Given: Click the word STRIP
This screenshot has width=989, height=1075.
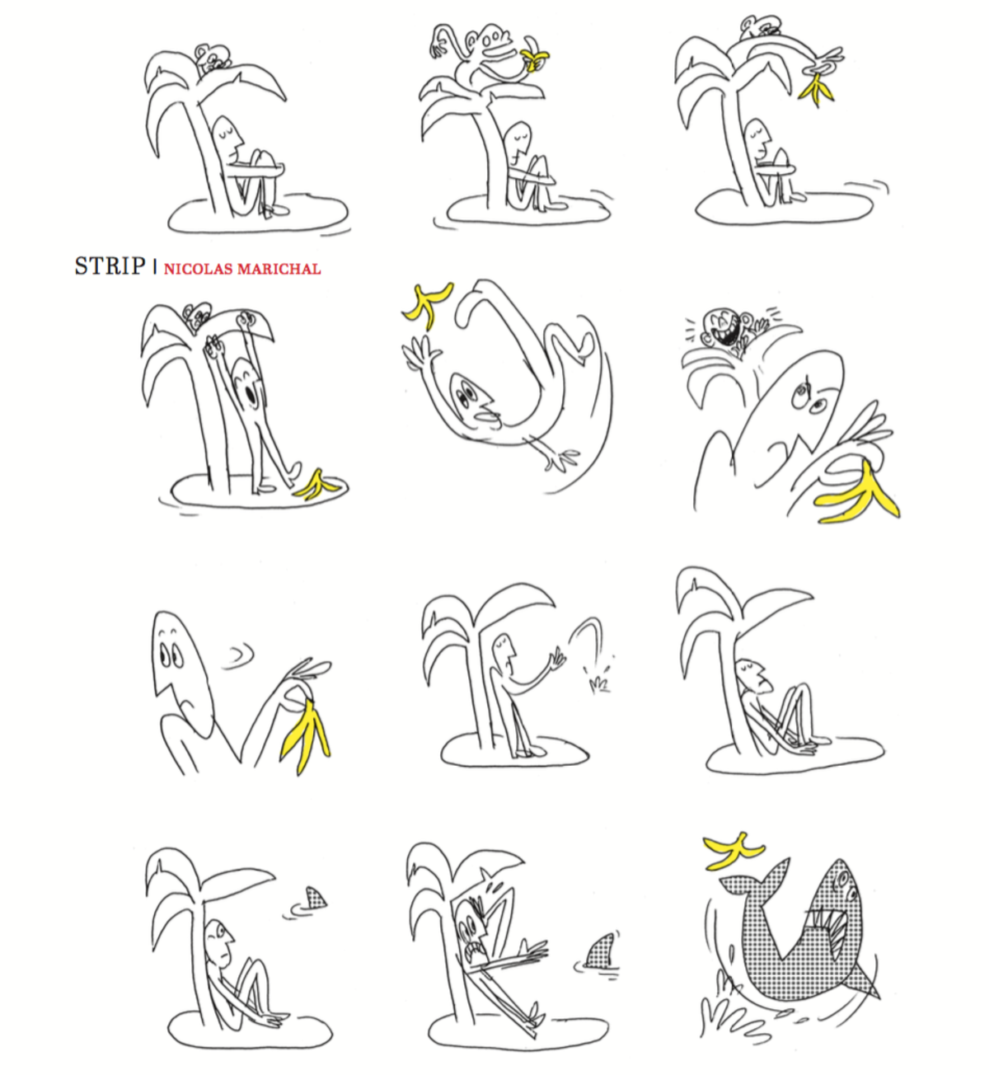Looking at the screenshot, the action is pyautogui.click(x=110, y=265).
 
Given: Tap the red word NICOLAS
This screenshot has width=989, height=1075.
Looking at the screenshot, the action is pyautogui.click(x=199, y=269).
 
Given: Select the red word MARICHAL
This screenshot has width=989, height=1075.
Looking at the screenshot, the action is pyautogui.click(x=279, y=269).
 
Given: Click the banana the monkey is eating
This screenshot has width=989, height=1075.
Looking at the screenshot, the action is pyautogui.click(x=533, y=59).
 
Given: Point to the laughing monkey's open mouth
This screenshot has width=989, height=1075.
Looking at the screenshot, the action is pyautogui.click(x=729, y=336).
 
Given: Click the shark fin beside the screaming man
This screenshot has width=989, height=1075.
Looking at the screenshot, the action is pyautogui.click(x=600, y=951).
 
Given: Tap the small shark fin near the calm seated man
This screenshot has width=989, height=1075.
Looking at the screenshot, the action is pyautogui.click(x=316, y=898).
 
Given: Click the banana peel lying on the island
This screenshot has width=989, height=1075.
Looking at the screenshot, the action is pyautogui.click(x=316, y=485).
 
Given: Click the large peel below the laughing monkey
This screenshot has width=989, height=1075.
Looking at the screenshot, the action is pyautogui.click(x=857, y=495).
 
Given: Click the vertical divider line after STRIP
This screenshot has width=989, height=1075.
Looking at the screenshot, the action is pyautogui.click(x=155, y=266).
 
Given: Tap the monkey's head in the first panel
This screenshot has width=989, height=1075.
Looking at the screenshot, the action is pyautogui.click(x=210, y=58).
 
